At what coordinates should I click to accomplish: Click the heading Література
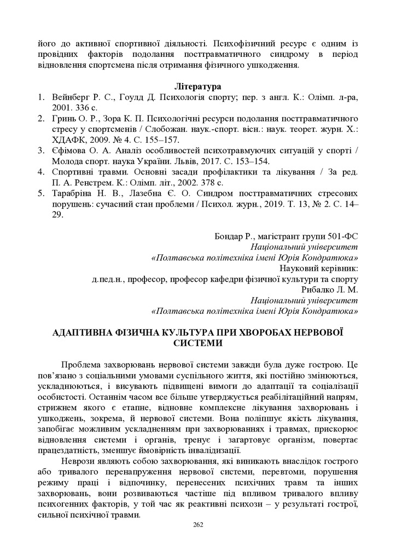click(x=197, y=87)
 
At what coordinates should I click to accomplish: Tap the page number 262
click(x=198, y=525)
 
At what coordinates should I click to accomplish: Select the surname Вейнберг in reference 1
click(x=70, y=97)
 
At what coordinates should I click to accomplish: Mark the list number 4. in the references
click(x=40, y=172)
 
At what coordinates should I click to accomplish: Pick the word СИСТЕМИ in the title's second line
click(x=198, y=343)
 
